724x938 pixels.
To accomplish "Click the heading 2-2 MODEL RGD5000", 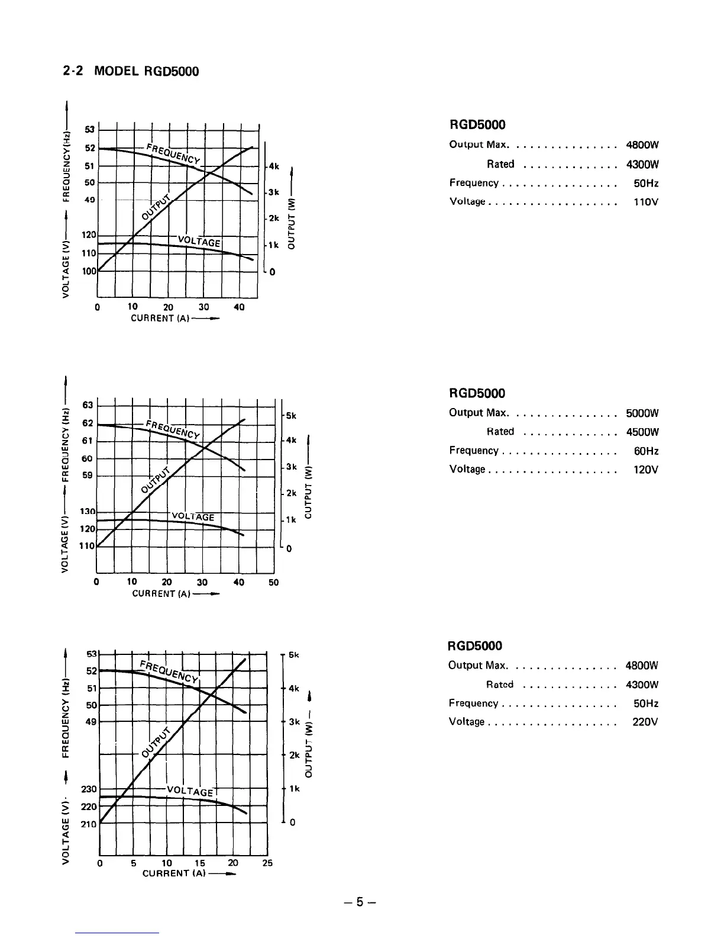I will pos(131,72).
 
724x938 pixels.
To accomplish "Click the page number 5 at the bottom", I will pos(358,902).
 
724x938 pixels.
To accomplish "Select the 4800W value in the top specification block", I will pos(642,145).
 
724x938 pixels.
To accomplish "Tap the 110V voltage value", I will pos(645,202).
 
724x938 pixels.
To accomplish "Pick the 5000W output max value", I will pos(642,413).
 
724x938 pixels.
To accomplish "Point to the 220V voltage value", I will pos(645,722).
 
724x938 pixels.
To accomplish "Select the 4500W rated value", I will pos(642,432).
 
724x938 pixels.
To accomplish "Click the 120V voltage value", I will pos(645,470).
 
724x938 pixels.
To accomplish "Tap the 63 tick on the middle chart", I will pos(88,405).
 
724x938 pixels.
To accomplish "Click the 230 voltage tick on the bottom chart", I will pos(89,789).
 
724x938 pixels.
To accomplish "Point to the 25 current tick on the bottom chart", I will pos(267,863).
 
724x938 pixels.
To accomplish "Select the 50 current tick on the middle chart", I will pos(273,583).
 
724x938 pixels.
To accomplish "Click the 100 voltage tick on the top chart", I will pos(88,271).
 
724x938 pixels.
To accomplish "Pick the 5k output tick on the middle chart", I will pos(290,416).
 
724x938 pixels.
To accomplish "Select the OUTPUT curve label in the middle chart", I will pos(156,478).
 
